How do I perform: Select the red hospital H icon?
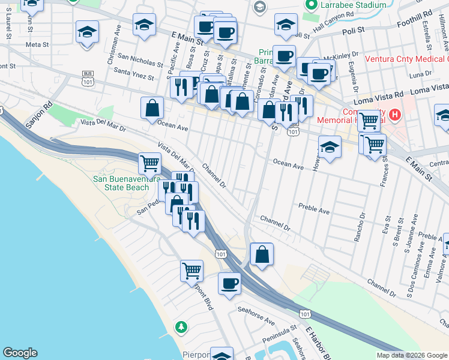coord(395,114)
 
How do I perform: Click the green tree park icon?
coord(180,327)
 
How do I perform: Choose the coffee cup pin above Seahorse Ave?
coord(229,283)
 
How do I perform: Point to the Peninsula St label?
coord(277,330)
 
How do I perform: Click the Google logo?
coord(20,352)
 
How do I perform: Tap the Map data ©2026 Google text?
coord(411,355)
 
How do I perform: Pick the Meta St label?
coord(37,44)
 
